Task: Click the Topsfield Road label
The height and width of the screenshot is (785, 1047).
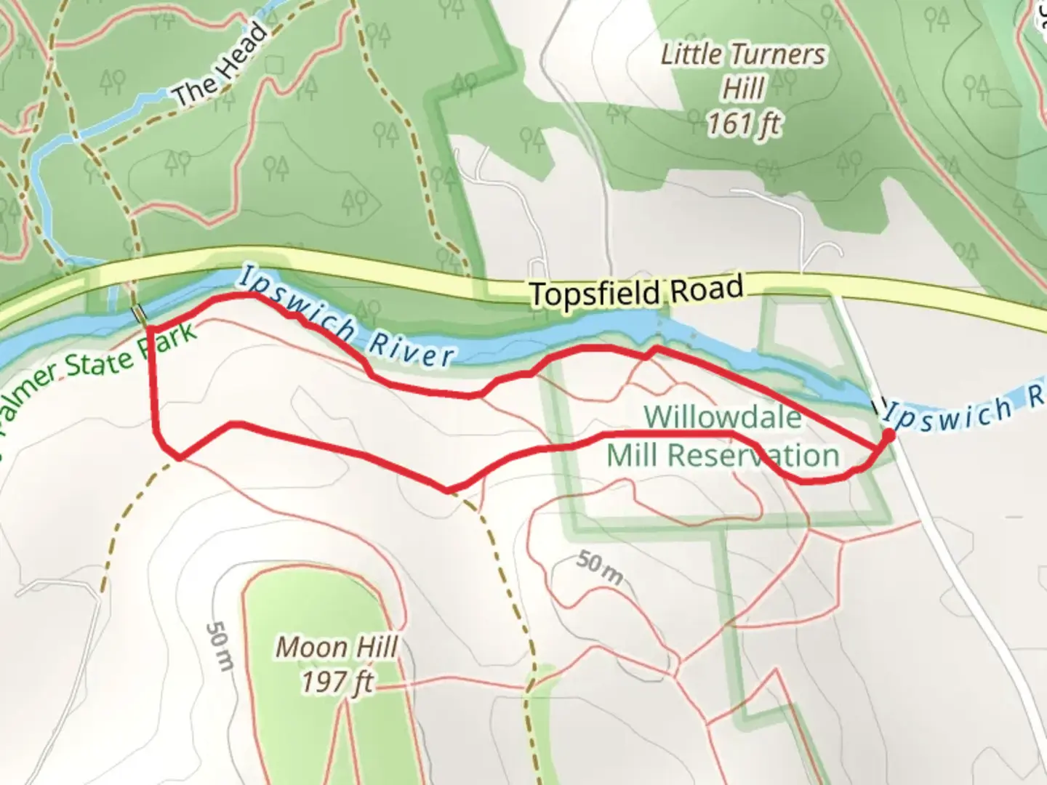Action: [x=636, y=292]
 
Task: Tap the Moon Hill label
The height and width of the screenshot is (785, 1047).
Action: [x=337, y=647]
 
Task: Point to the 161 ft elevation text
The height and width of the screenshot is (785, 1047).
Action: [x=743, y=124]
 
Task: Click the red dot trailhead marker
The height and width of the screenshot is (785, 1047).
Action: [x=888, y=435]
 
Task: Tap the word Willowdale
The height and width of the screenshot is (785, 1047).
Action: [x=723, y=417]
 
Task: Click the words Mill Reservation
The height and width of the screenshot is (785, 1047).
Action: [x=723, y=456]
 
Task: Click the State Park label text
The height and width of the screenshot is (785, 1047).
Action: [x=131, y=354]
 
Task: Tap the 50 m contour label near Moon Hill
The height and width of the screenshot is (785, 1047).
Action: [x=220, y=645]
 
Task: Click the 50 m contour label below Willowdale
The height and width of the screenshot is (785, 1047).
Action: [x=600, y=568]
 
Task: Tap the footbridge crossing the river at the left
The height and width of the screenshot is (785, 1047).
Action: [x=138, y=314]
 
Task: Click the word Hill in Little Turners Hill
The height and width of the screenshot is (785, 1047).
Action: [x=743, y=89]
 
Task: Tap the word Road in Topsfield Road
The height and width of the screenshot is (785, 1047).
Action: [x=706, y=289]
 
